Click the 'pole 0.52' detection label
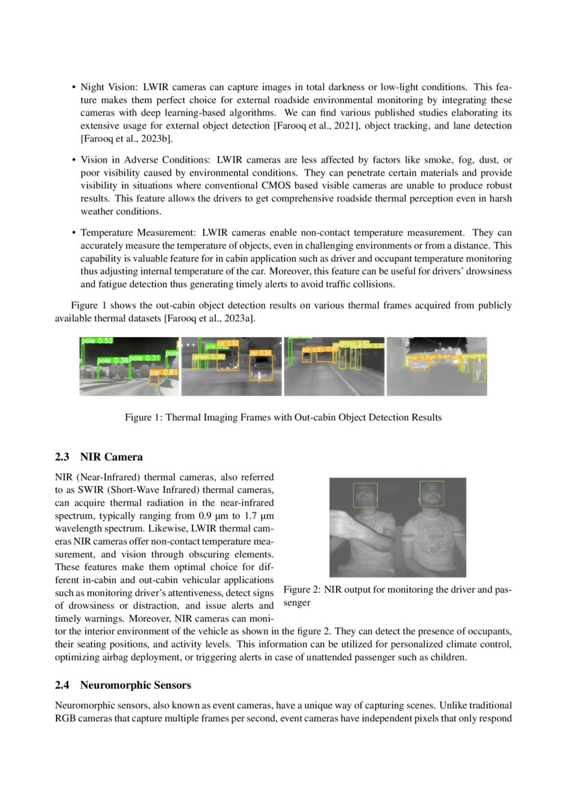pyautogui.click(x=96, y=340)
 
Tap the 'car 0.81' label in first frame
pyautogui.click(x=164, y=373)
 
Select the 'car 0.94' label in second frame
pyautogui.click(x=260, y=353)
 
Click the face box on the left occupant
pyautogui.click(x=366, y=495)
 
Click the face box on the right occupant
pyautogui.click(x=431, y=493)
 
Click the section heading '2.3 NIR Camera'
pyautogui.click(x=98, y=457)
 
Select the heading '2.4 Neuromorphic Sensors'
pyautogui.click(x=123, y=685)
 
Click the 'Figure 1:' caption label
pyautogui.click(x=142, y=418)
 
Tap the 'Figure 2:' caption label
pyautogui.click(x=301, y=590)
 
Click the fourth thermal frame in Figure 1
pyautogui.click(x=437, y=366)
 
